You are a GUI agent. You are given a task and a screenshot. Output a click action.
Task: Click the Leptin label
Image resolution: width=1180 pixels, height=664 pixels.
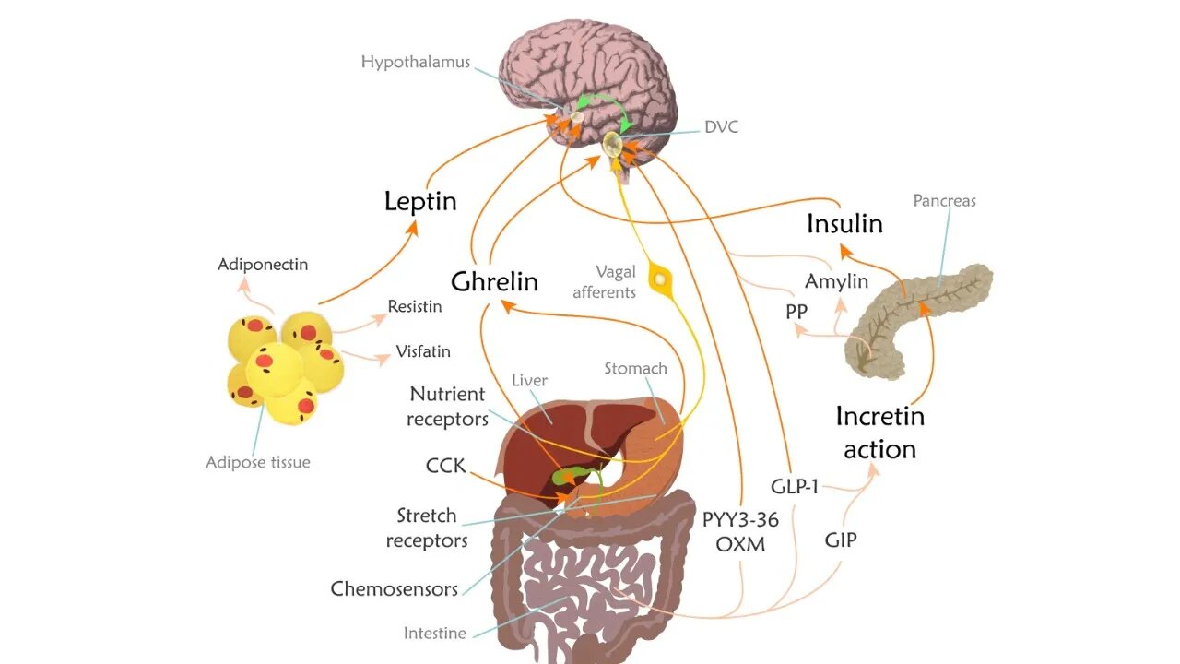[420, 201]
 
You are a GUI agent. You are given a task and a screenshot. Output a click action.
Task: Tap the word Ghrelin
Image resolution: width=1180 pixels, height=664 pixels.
[494, 281]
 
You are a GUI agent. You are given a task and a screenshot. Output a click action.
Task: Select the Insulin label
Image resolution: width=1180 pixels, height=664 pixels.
[844, 224]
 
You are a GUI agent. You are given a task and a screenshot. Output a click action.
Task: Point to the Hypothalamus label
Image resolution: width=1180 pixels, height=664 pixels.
[415, 63]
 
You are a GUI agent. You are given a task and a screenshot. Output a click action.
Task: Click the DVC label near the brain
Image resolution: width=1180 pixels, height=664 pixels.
[721, 127]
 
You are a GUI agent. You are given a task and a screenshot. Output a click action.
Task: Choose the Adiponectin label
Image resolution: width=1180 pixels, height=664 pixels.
[263, 265]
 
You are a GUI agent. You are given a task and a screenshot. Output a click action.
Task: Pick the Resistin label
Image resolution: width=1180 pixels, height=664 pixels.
[414, 306]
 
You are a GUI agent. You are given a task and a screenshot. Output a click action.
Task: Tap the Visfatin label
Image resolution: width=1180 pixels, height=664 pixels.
[423, 351]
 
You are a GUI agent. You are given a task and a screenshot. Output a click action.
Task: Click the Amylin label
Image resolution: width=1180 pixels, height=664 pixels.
[836, 281]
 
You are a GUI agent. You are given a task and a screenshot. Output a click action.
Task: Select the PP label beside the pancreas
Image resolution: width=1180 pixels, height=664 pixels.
[796, 312]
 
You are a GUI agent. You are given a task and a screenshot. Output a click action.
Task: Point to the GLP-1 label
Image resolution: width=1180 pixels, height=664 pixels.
[794, 486]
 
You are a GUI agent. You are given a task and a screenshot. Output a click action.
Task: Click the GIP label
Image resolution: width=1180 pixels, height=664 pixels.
[840, 539]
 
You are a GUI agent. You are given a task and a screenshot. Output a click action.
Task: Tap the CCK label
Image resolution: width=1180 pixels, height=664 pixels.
[445, 466]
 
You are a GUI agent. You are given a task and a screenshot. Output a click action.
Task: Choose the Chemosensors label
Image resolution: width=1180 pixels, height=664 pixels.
[394, 588]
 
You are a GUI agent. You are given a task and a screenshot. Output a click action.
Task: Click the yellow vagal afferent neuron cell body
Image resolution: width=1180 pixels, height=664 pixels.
[660, 277]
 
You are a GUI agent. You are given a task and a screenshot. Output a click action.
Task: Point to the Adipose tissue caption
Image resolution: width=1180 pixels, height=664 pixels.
[258, 462]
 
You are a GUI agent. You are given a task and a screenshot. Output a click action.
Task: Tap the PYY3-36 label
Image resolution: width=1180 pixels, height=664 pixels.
[740, 519]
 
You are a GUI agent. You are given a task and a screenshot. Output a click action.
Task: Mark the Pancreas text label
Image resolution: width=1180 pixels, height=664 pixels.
[944, 200]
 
